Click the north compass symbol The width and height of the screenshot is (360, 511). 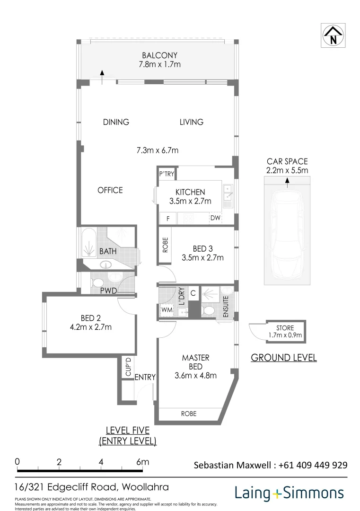pyautogui.click(x=334, y=35)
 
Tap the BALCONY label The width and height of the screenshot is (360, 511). pyautogui.click(x=159, y=55)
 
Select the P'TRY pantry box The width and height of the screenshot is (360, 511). pyautogui.click(x=167, y=174)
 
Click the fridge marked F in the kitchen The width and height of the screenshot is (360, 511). pyautogui.click(x=168, y=218)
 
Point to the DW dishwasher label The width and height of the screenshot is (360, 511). pyautogui.click(x=215, y=218)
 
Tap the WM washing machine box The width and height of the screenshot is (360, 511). pyautogui.click(x=167, y=310)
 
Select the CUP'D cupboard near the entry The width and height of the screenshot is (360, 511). pyautogui.click(x=128, y=367)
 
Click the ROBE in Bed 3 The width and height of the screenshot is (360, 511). pyautogui.click(x=165, y=245)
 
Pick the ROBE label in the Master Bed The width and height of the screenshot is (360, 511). pyautogui.click(x=189, y=414)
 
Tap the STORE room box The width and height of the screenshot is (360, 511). pyautogui.click(x=286, y=331)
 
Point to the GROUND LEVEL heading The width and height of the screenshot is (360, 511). pyautogui.click(x=284, y=358)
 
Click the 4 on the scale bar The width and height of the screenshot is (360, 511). pyautogui.click(x=101, y=462)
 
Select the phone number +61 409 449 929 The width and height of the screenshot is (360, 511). pyautogui.click(x=313, y=465)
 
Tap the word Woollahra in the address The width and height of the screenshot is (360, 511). pyautogui.click(x=145, y=487)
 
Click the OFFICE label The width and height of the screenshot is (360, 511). pyautogui.click(x=110, y=190)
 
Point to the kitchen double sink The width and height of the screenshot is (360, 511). pyautogui.click(x=228, y=193)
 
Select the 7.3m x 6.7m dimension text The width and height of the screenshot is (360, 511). pyautogui.click(x=158, y=150)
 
